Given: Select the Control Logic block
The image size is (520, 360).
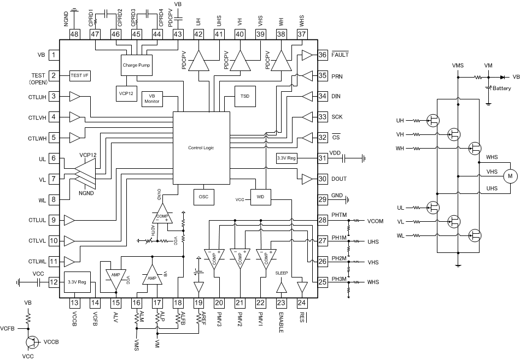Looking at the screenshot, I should click(202, 147).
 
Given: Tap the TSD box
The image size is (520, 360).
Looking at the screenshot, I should click(245, 96).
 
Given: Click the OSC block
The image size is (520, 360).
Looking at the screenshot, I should click(204, 197).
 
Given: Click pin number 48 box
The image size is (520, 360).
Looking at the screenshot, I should click(75, 34).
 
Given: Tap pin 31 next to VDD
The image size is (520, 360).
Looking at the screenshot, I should click(322, 158).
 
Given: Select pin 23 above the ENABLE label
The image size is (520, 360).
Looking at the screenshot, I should click(281, 302).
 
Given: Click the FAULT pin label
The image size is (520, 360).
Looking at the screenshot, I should click(339, 55).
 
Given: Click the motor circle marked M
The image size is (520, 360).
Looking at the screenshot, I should click(510, 176).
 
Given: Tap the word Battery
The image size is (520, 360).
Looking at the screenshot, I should click(501, 88).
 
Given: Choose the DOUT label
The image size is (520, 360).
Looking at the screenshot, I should click(340, 179).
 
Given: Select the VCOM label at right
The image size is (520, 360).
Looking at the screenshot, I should click(376, 221).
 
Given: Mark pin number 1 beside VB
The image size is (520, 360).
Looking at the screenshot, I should click(54, 55).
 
